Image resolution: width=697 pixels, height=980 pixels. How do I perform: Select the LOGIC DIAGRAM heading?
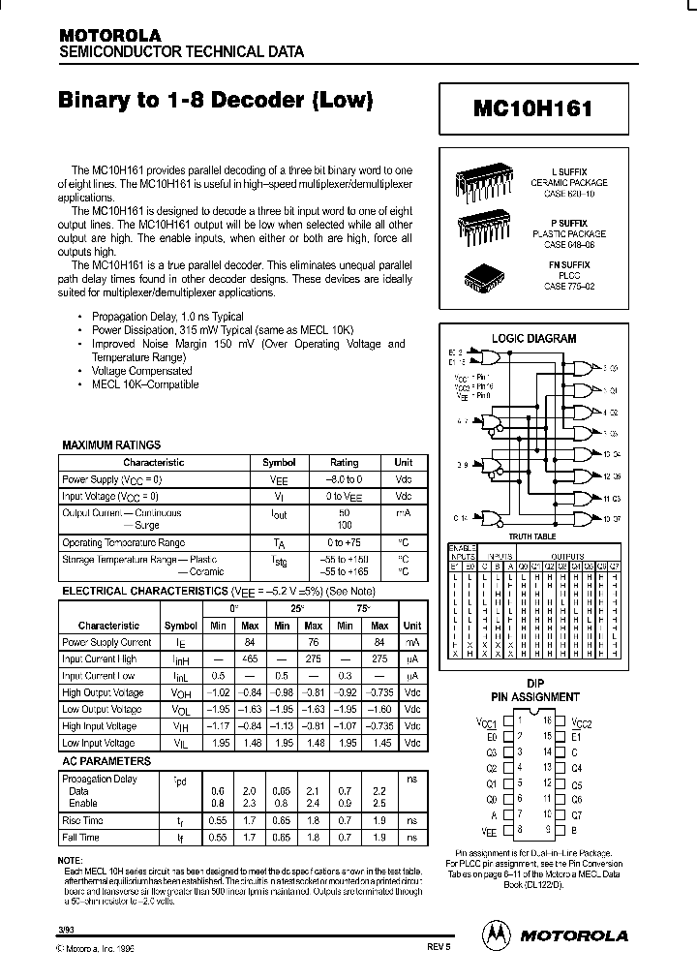tap(533, 339)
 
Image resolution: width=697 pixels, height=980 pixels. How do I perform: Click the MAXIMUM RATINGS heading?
tap(111, 444)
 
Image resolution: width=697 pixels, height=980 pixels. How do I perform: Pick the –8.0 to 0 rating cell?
tap(344, 479)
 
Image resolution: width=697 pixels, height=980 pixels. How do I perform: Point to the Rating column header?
tap(344, 463)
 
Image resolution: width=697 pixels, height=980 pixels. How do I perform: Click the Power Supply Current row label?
tap(106, 642)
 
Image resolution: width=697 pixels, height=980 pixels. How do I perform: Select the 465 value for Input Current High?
tap(249, 658)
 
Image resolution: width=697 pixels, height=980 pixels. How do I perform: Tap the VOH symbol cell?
tap(180, 692)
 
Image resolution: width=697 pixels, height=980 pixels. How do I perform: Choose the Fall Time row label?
tap(82, 838)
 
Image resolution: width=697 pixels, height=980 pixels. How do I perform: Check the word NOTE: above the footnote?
tap(71, 861)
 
